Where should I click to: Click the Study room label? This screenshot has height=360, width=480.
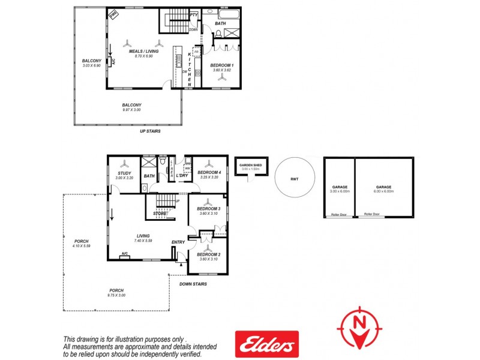(x=124, y=173)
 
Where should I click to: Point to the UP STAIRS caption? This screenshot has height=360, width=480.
(x=150, y=131)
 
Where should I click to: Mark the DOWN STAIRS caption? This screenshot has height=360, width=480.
(x=193, y=284)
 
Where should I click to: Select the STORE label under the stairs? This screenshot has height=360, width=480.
(x=160, y=213)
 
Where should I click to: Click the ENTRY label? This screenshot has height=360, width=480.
(x=178, y=242)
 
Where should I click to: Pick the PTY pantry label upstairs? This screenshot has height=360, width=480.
(x=194, y=15)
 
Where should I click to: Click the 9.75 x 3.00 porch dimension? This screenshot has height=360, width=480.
(x=116, y=295)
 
